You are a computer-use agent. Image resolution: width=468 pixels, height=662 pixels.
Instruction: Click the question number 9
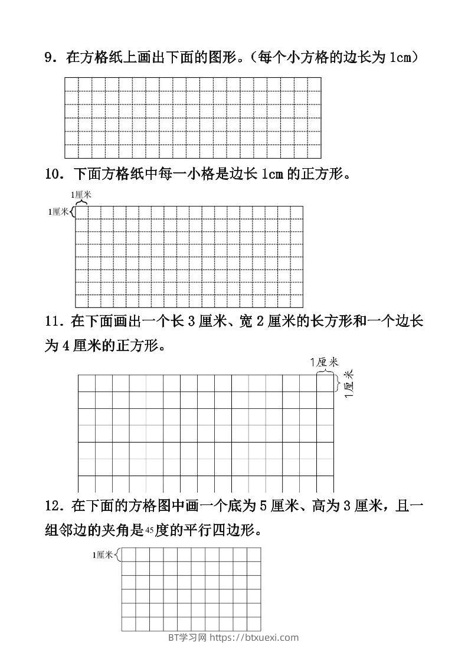coord(49,57)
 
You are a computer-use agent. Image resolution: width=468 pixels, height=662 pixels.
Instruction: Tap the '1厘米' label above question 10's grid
coord(81,194)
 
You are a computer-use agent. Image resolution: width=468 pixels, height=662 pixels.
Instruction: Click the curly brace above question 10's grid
coord(81,202)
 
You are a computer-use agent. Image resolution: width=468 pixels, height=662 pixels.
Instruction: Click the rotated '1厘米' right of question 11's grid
coord(348,384)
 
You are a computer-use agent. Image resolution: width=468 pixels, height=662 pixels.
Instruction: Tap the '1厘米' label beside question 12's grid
coord(102,555)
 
